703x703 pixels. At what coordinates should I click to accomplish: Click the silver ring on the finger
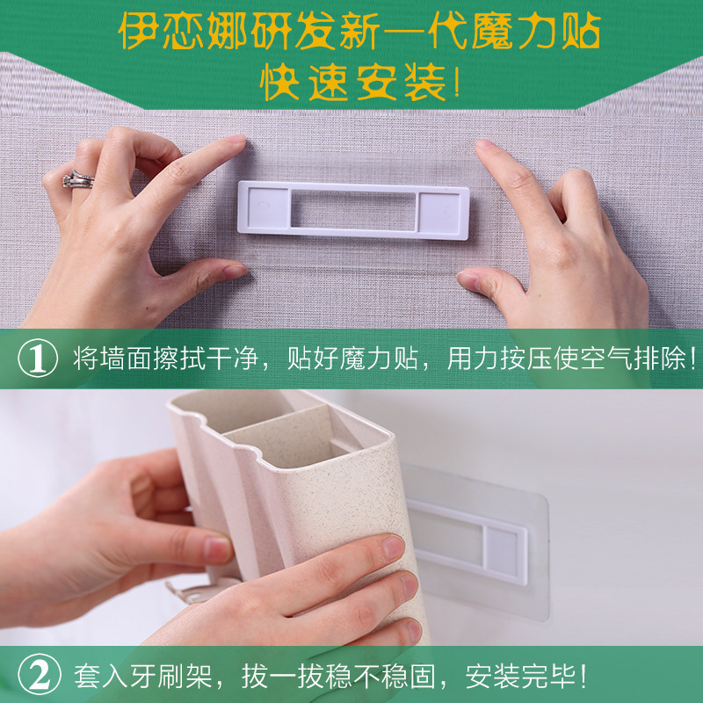[77, 179]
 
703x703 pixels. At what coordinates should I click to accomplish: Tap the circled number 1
[38, 359]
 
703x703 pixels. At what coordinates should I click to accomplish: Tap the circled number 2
[39, 674]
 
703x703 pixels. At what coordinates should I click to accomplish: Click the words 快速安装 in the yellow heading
[353, 82]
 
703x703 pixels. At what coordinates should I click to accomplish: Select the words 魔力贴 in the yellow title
[536, 31]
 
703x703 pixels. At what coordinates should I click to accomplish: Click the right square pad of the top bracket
[438, 213]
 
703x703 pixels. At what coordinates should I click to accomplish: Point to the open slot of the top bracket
[353, 210]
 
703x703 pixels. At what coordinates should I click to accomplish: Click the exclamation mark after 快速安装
[456, 82]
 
